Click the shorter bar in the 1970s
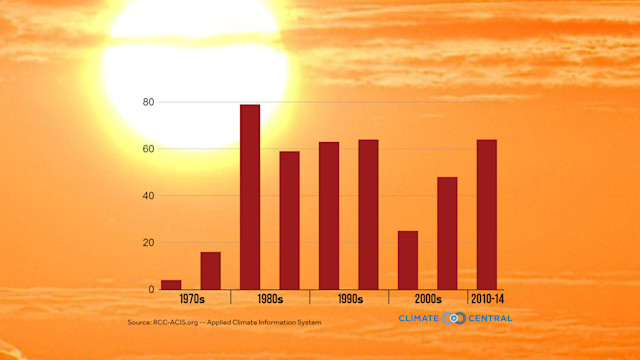pos(171,285)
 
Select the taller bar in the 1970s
pos(210,271)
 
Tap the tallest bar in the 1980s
pos(250,197)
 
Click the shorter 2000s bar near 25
pos(407,260)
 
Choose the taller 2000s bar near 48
pos(447,233)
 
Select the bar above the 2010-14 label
pos(486,215)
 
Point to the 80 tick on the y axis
pos(148,102)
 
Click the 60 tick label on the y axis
pos(148,149)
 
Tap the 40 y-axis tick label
pos(148,196)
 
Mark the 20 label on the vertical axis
pos(148,243)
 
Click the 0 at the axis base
pos(151,290)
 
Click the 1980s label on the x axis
pos(269,299)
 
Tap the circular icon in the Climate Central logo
pos(455,318)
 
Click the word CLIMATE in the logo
pos(420,318)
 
